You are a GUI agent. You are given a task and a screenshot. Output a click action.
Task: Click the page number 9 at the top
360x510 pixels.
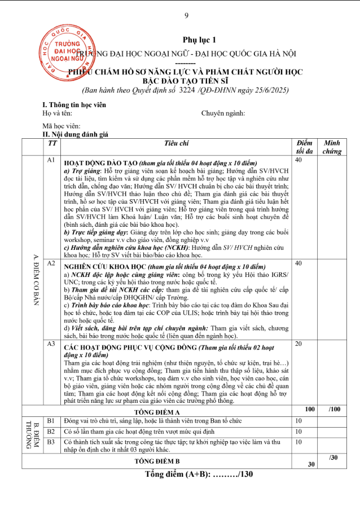tap(186, 16)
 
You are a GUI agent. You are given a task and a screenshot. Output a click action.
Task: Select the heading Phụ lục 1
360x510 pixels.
tap(199, 39)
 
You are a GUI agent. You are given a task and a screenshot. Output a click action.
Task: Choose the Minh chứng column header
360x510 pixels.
tap(332, 147)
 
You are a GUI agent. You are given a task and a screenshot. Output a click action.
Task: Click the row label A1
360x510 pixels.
tap(51, 161)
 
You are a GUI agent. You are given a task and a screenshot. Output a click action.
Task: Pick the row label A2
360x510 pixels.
tap(51, 263)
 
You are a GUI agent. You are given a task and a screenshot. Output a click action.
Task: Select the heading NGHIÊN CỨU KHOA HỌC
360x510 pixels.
tap(104, 265)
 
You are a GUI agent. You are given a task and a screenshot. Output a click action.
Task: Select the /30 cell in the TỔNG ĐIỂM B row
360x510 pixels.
tap(333, 457)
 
